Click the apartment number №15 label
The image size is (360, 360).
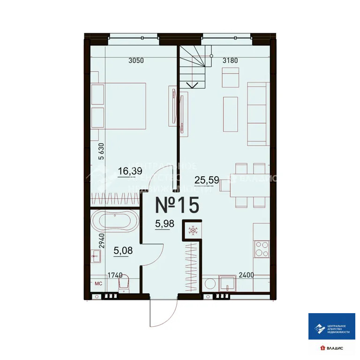(x=177, y=205)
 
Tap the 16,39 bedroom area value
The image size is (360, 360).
(x=130, y=171)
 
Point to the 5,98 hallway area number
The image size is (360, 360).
(x=165, y=223)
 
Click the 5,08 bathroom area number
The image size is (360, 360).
(x=123, y=250)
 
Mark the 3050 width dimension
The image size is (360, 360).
(x=135, y=60)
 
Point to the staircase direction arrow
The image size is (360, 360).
(x=192, y=85)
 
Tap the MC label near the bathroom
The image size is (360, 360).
(x=98, y=283)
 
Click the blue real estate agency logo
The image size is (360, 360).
(x=331, y=326)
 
